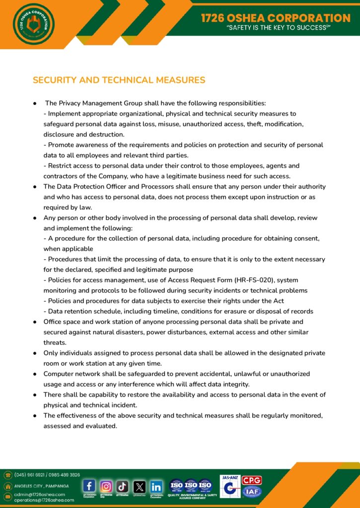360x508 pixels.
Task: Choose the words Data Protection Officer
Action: (x=94, y=187)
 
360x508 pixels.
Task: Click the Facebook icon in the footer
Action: (x=89, y=486)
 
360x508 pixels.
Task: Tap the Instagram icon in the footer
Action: (x=106, y=486)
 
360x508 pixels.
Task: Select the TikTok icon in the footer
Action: (x=123, y=486)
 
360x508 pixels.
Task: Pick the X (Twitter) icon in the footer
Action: (x=140, y=486)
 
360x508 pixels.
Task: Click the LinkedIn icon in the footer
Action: (x=156, y=486)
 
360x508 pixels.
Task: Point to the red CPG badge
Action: (x=252, y=480)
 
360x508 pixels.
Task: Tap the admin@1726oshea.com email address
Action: (x=40, y=494)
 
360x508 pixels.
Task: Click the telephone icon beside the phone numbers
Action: (x=8, y=475)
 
